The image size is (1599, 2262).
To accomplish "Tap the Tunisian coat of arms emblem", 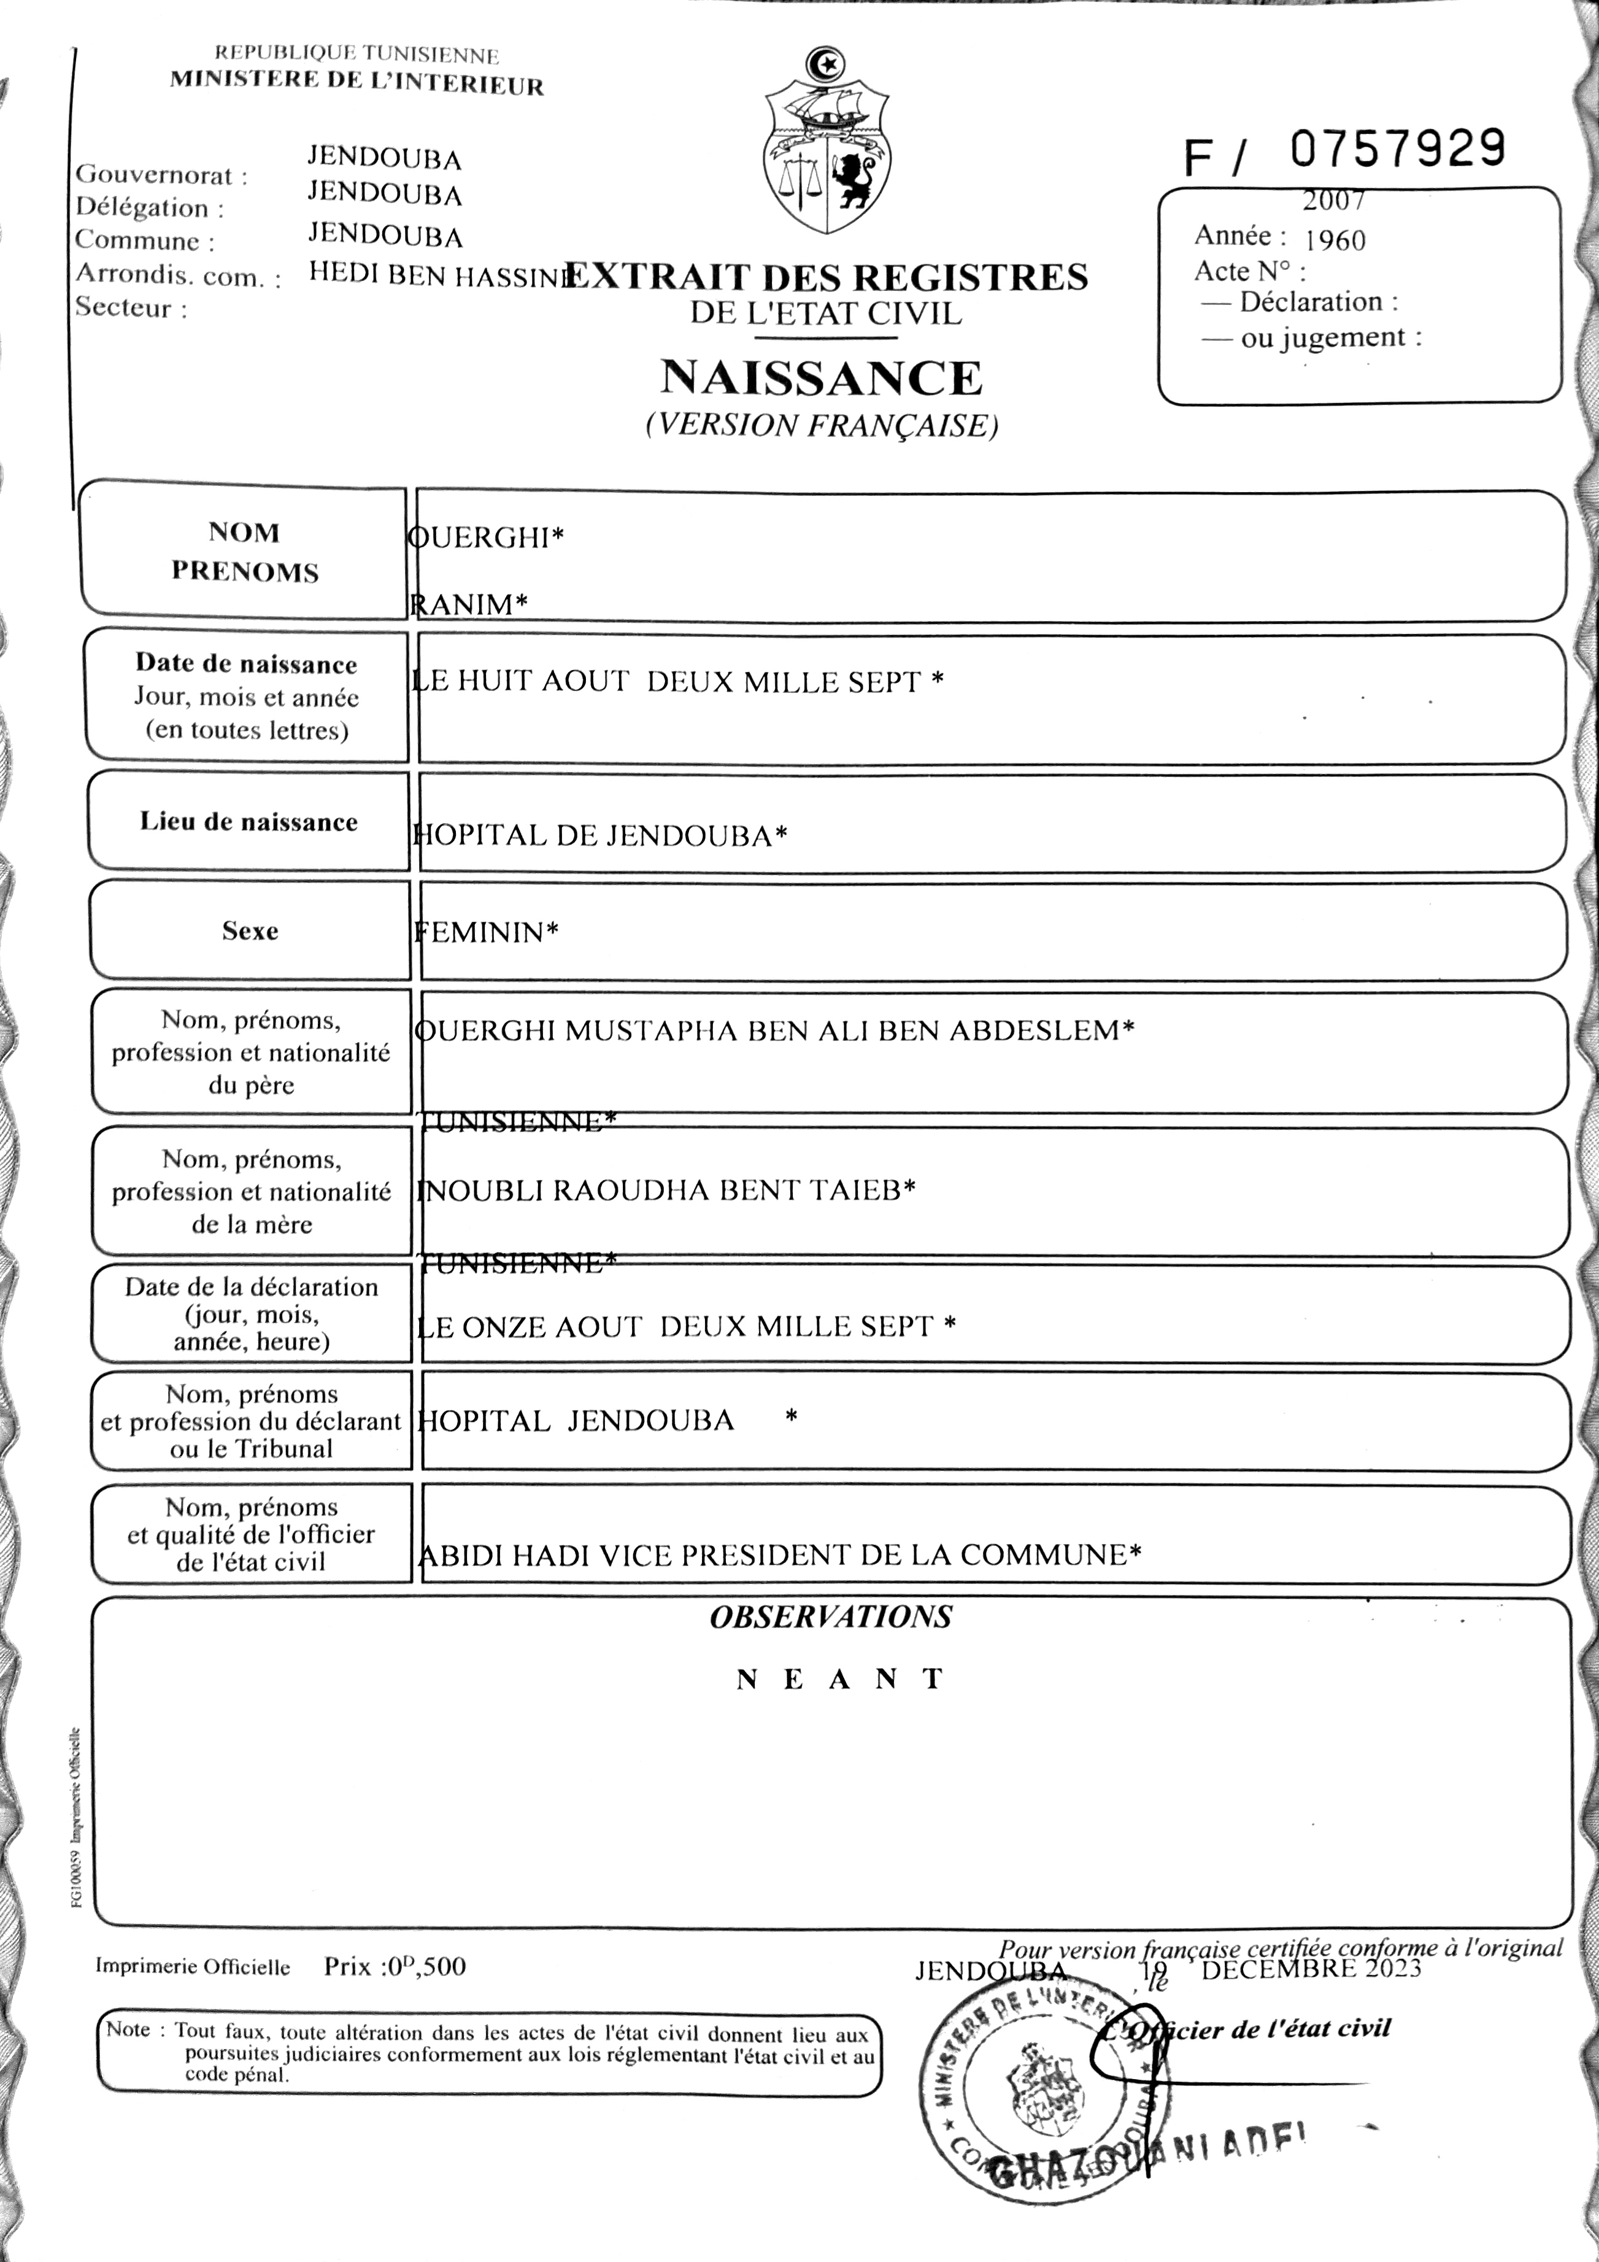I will pos(828,143).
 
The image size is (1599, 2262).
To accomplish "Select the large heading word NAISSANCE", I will pos(822,378).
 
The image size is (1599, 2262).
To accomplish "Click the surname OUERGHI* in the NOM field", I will pos(486,538).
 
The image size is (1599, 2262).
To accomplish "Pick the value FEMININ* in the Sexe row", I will pos(486,932).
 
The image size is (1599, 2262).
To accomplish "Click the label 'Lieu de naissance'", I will pos(249,823).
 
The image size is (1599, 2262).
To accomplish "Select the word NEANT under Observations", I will pos(841,1679).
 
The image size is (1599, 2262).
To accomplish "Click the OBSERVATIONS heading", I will pos(831,1616).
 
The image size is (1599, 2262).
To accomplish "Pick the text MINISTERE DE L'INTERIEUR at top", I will pos(356,83).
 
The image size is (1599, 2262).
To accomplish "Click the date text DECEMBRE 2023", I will pos(1311,1969).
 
